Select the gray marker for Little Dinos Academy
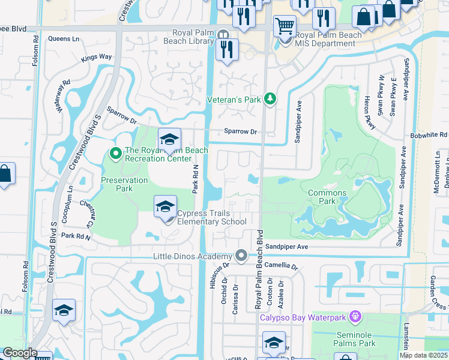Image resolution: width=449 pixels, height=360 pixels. (241, 256)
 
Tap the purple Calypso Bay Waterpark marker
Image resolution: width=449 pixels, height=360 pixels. (355, 316)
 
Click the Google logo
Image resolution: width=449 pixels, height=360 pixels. (19, 353)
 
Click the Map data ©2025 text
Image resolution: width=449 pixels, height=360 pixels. (423, 355)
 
